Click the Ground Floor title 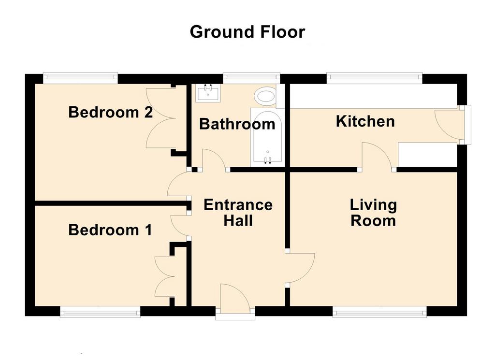tap(247, 32)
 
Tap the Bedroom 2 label tap(111, 112)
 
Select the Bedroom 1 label tap(110, 230)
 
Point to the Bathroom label tap(237, 124)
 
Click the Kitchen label tap(365, 121)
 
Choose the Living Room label tap(373, 213)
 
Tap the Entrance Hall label tap(238, 213)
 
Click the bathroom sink tap(208, 93)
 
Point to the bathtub tap(267, 138)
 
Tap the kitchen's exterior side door tap(449, 124)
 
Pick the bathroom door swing tap(214, 160)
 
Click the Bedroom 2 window tap(81, 78)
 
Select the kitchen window tap(375, 78)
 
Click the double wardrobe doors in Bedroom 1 tap(165, 276)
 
